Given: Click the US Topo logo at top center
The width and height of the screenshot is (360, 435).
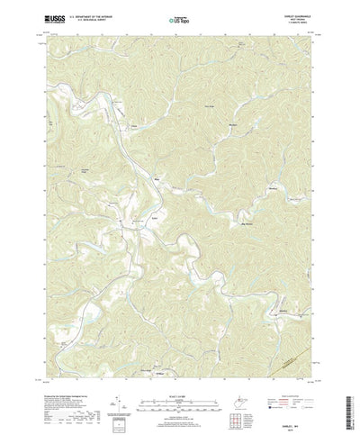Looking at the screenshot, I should pos(180,17).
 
